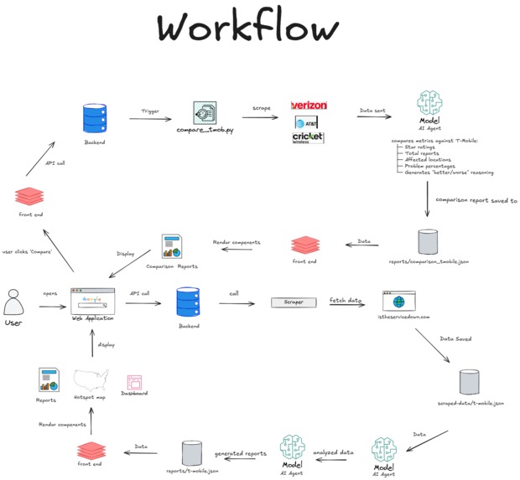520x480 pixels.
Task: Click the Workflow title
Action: click(248, 28)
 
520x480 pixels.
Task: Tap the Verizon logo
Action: click(309, 106)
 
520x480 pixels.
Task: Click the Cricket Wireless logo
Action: click(308, 137)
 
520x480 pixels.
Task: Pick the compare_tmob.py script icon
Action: click(204, 113)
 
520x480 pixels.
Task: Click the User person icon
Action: click(13, 302)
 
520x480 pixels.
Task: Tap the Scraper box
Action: click(293, 302)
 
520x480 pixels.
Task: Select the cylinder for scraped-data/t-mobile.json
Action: click(469, 383)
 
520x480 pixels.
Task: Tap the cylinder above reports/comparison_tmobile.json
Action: click(428, 242)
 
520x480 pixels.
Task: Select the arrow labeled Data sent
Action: click(373, 116)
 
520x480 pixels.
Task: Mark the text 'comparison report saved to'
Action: click(476, 201)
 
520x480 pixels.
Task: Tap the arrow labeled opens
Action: click(49, 307)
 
